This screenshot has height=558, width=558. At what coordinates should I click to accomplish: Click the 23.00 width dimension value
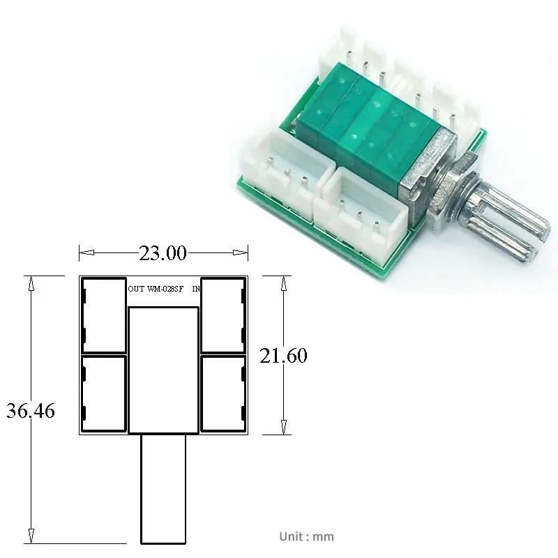[163, 253]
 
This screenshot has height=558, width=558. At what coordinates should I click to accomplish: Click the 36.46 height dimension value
[30, 410]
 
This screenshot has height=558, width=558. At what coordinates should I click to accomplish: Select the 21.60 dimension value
[283, 356]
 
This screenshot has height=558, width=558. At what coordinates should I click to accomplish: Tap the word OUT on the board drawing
[137, 288]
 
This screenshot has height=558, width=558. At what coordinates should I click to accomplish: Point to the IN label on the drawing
[196, 288]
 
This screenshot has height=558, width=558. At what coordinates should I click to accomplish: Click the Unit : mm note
[306, 536]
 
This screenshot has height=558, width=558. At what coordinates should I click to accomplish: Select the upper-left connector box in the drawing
[104, 315]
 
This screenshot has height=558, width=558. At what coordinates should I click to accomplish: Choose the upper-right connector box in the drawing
[223, 315]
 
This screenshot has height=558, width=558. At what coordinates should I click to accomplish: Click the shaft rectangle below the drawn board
[164, 488]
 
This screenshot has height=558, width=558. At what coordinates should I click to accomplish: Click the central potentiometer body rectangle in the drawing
[164, 370]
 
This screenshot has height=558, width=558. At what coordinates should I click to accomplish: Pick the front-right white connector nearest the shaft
[359, 206]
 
